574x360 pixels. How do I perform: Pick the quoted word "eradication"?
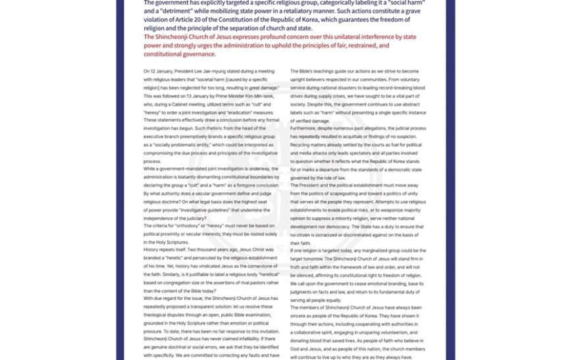coord(236,112)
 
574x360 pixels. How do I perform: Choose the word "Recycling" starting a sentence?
coord(302,144)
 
